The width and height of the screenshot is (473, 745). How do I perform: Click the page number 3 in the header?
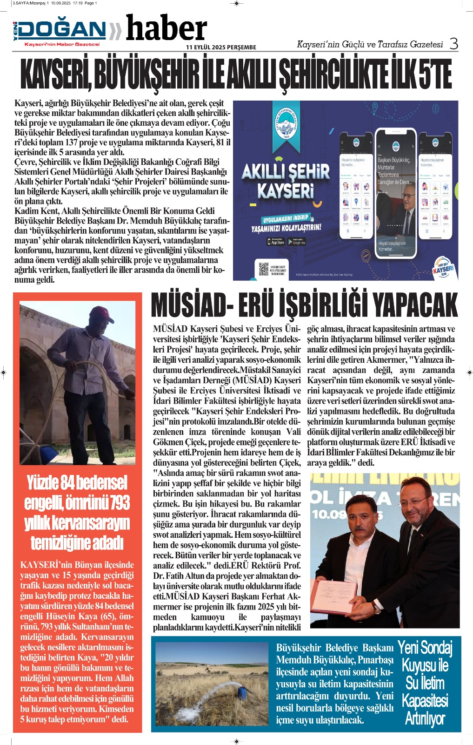(453, 44)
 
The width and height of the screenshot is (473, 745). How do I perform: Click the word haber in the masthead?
(166, 29)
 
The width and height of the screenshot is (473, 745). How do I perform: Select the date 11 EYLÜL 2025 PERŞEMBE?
(221, 47)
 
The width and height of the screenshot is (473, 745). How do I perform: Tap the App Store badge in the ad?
(276, 242)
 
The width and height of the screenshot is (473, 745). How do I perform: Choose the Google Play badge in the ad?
(297, 242)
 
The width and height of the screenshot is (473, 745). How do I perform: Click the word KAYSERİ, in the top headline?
(55, 75)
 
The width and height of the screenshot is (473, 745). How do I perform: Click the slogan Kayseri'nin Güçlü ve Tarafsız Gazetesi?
(370, 44)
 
